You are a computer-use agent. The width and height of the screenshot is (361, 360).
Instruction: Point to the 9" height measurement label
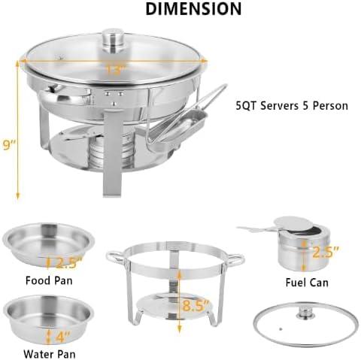pyautogui.click(x=8, y=145)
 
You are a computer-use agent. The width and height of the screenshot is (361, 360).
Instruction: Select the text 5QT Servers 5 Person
pyautogui.click(x=291, y=105)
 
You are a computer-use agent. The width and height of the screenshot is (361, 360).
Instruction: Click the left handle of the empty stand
pyautogui.click(x=115, y=259)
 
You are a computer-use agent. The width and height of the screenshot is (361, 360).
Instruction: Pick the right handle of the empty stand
pyautogui.click(x=238, y=259)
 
